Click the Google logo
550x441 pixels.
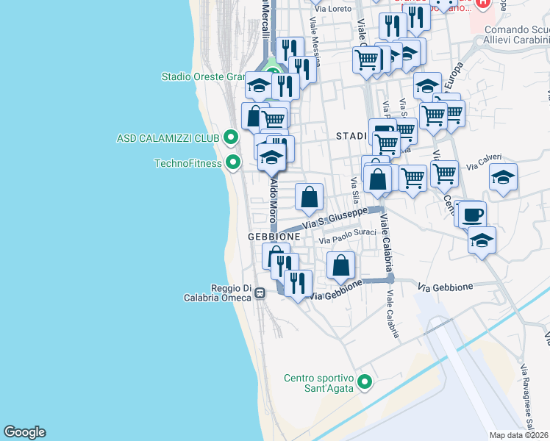(x=25, y=432)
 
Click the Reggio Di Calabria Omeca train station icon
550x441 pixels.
(x=260, y=293)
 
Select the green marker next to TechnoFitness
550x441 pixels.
(x=233, y=162)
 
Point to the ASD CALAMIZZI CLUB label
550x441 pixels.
(x=168, y=138)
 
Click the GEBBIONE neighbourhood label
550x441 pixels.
(x=274, y=237)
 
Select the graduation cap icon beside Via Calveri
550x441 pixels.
(x=503, y=177)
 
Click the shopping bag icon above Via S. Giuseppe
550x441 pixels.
(x=310, y=196)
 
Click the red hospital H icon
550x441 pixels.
(x=482, y=4)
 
